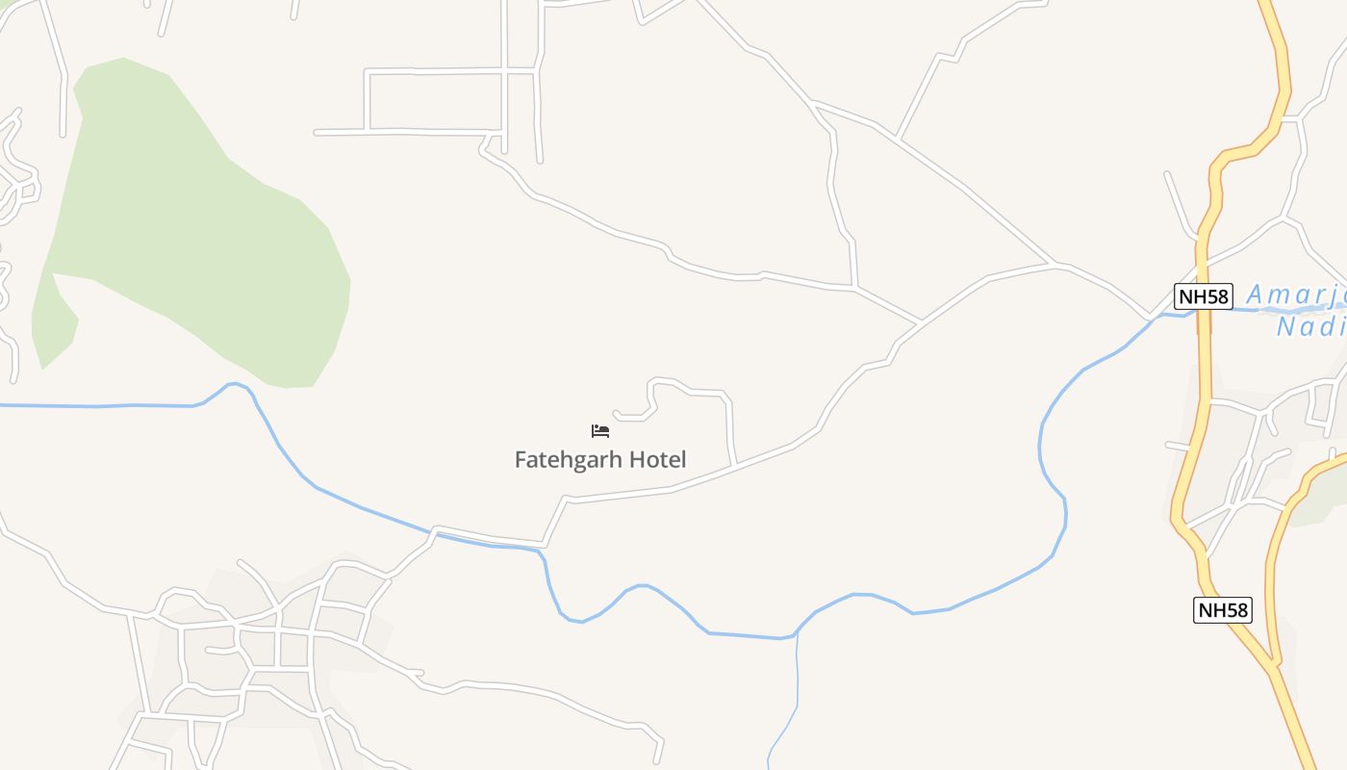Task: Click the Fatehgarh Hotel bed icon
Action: pyautogui.click(x=600, y=431)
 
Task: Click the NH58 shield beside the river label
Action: pyautogui.click(x=1204, y=296)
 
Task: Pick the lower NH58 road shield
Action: pyautogui.click(x=1223, y=609)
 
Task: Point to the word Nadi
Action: pyautogui.click(x=1310, y=327)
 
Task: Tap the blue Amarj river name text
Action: pyautogui.click(x=1294, y=295)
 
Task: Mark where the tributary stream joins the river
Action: pyautogui.click(x=796, y=635)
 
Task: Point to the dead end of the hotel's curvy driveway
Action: pyautogui.click(x=614, y=413)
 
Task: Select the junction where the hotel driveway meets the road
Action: pyautogui.click(x=735, y=466)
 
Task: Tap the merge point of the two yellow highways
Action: pyautogui.click(x=1274, y=664)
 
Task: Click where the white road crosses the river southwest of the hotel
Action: pyautogui.click(x=436, y=531)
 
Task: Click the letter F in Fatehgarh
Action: pyautogui.click(x=521, y=460)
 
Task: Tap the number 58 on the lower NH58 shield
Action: pyautogui.click(x=1235, y=609)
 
